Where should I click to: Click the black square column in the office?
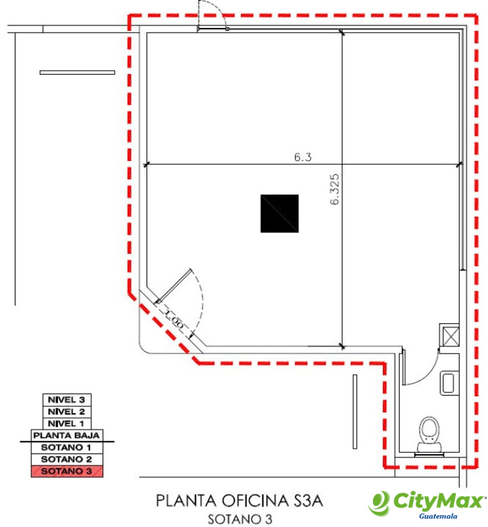coord(279,213)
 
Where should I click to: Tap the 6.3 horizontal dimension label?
coord(303,157)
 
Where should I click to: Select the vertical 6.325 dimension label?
coord(335,189)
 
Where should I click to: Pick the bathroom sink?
coord(449,383)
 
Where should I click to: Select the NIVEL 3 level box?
coord(67,400)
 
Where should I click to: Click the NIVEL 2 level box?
coord(67,412)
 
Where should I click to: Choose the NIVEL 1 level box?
coord(67,424)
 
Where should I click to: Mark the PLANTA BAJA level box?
coord(67,436)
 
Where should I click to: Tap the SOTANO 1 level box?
coord(67,447)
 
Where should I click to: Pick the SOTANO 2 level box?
coord(67,459)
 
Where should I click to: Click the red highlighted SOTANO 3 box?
coord(67,471)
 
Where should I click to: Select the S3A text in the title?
coord(308,500)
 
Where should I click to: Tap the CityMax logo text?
coord(438,500)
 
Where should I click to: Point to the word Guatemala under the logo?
coord(438,516)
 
